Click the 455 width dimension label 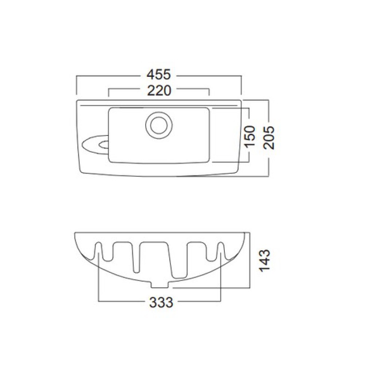[x=158, y=74]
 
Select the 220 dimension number [x=159, y=91]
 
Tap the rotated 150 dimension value [x=250, y=136]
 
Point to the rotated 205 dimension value [x=269, y=137]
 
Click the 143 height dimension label [x=264, y=260]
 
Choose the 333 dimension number [x=161, y=302]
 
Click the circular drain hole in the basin [x=159, y=125]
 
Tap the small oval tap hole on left [x=104, y=145]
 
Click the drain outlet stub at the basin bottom [x=160, y=284]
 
